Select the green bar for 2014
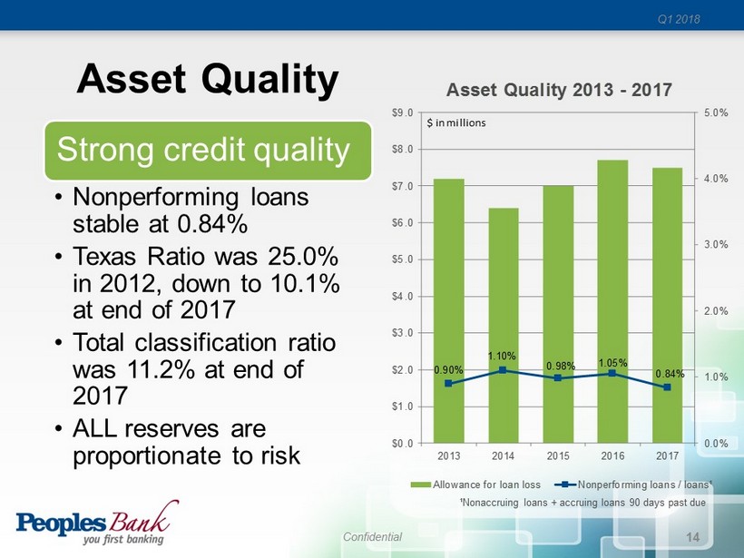[x=504, y=326]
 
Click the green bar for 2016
[x=612, y=302]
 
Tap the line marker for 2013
[x=448, y=384]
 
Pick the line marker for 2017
[x=667, y=387]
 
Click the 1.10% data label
[x=502, y=356]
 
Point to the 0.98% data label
[x=561, y=366]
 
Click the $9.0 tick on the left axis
[x=402, y=113]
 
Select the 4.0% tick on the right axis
[x=716, y=179]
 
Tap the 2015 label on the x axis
[x=558, y=456]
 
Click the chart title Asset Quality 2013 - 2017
[x=559, y=90]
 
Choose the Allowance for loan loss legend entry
[x=475, y=485]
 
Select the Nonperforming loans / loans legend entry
[x=633, y=485]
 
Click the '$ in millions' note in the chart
[x=456, y=122]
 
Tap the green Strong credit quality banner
[x=208, y=151]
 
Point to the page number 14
[x=693, y=537]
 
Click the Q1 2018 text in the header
[x=679, y=19]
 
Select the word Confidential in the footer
[x=373, y=536]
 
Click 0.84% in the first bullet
[x=212, y=223]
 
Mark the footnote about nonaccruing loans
[x=582, y=503]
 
